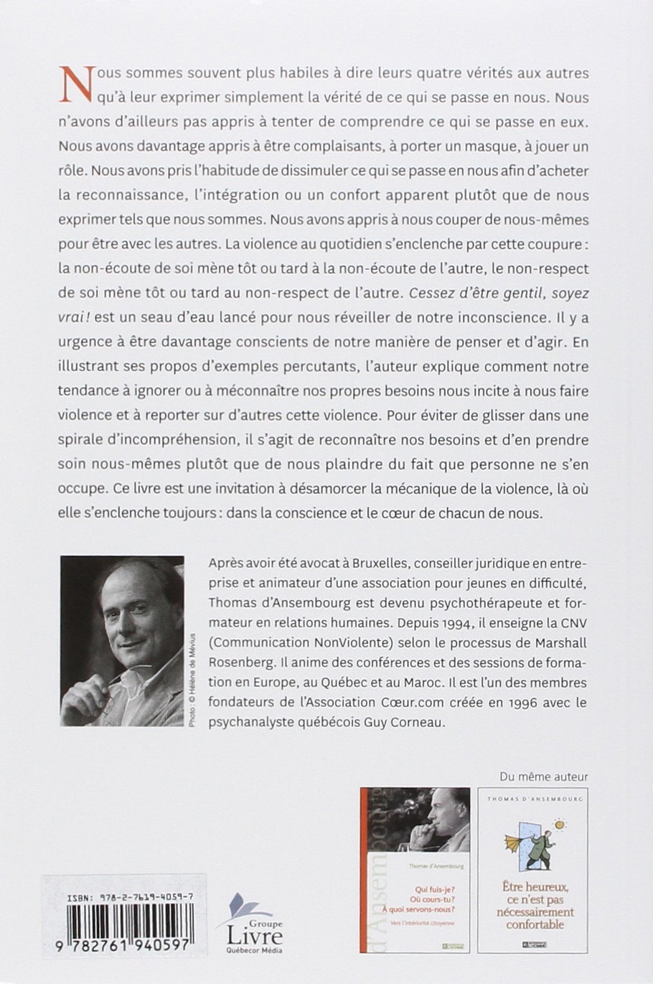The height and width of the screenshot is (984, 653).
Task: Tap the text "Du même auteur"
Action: [x=542, y=776]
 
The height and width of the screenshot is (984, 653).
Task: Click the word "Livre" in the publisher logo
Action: [x=255, y=935]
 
